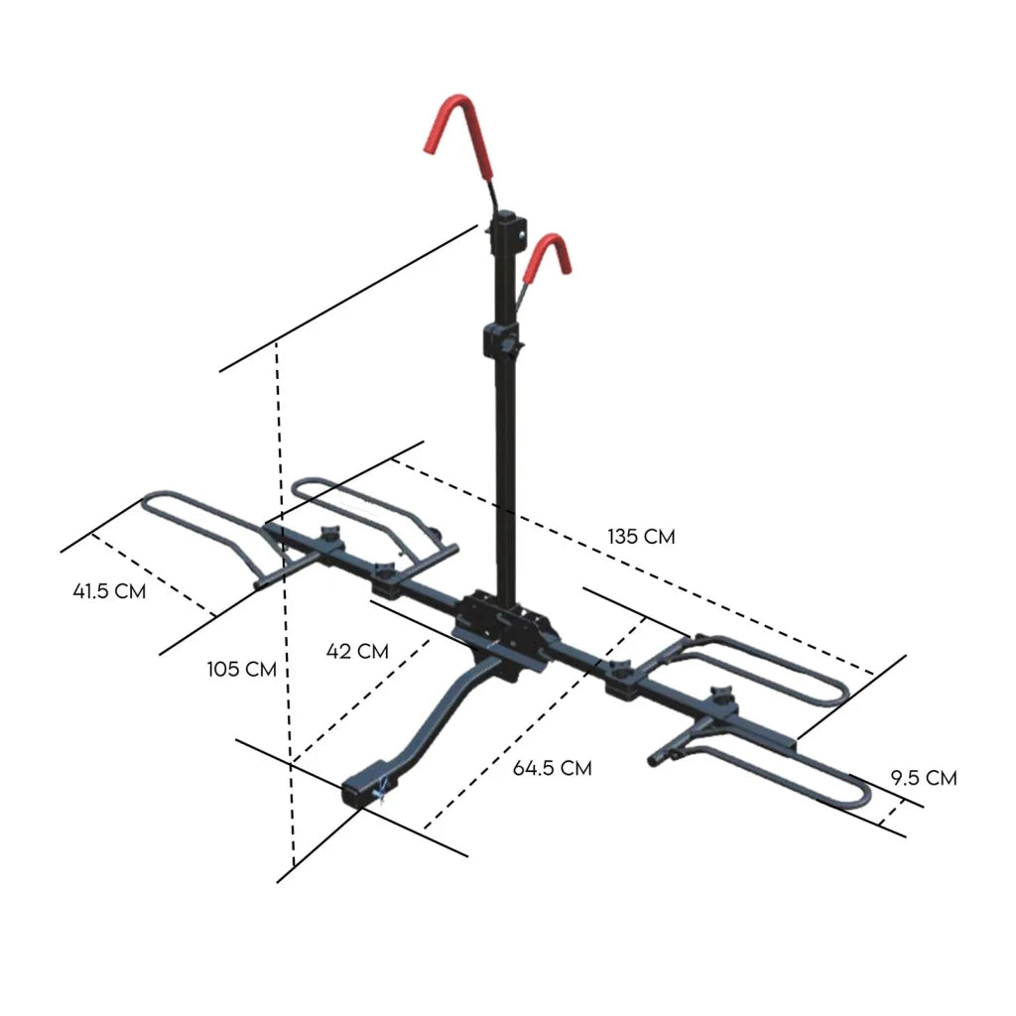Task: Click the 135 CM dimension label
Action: tap(641, 537)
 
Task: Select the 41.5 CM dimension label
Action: tap(109, 591)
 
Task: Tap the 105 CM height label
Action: tap(241, 669)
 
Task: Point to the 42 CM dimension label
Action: tap(357, 651)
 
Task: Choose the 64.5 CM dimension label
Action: tap(552, 768)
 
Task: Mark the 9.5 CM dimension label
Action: tap(923, 778)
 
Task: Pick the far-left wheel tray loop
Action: tap(189, 516)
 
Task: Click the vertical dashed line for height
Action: tap(286, 595)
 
